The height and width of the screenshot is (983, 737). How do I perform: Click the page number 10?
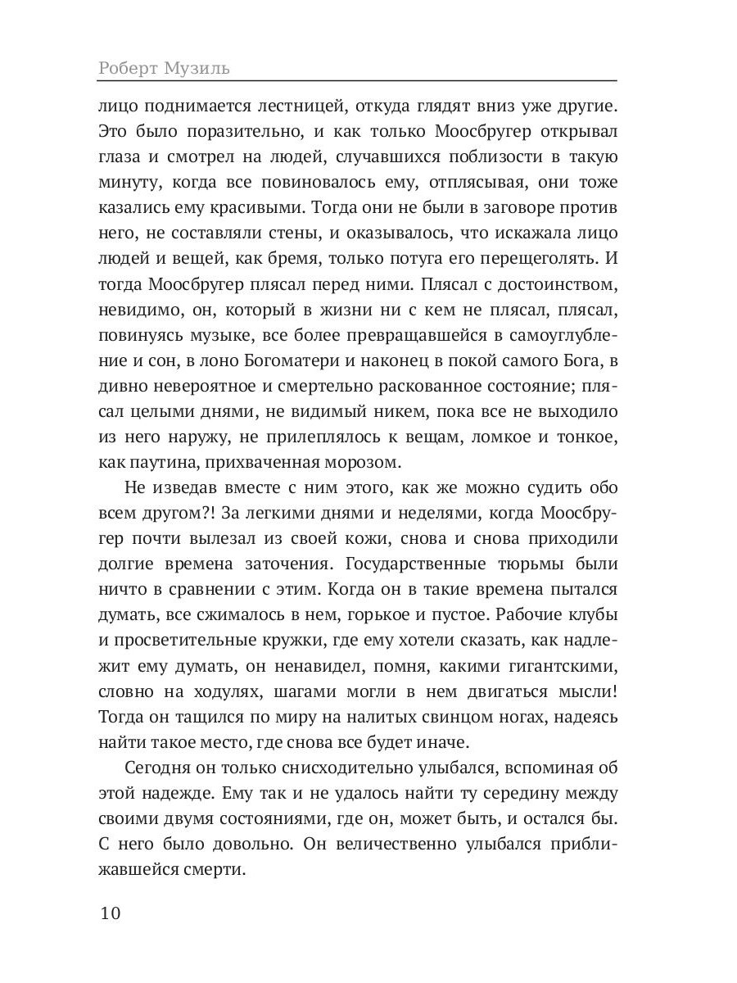[109, 913]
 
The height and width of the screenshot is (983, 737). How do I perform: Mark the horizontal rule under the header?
[357, 80]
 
